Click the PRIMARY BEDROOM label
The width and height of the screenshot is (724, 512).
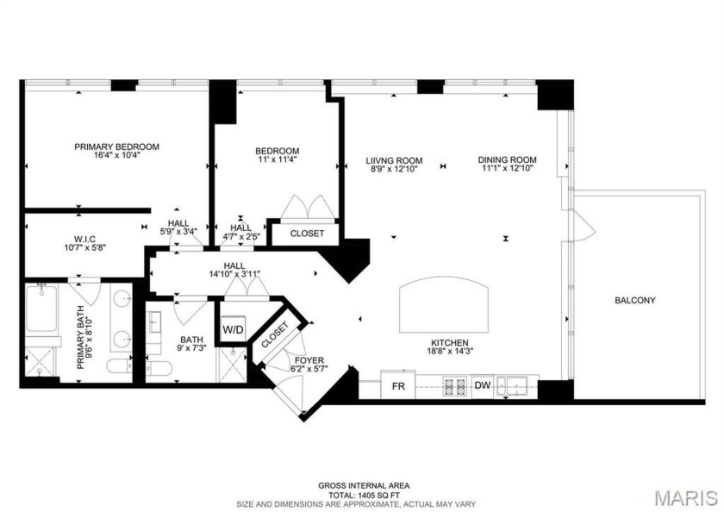116,147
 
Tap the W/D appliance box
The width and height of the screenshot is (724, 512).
233,328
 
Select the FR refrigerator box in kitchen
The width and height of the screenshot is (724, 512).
399,386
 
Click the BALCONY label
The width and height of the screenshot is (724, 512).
634,301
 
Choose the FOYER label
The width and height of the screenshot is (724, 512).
308,360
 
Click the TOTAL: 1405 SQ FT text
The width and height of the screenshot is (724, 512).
362,495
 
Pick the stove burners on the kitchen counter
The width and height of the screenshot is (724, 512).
455,386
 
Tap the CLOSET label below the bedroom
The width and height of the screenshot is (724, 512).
307,234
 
